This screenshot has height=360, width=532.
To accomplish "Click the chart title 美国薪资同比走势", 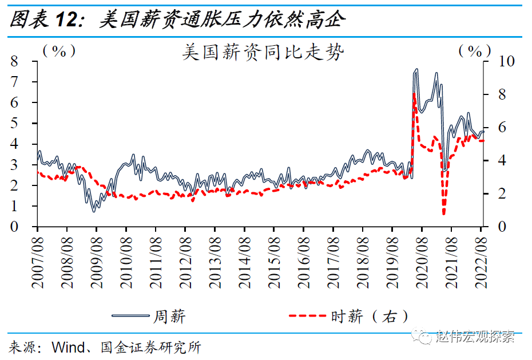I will pos(263,52).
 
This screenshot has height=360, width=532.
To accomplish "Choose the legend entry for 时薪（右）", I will pos(349,316).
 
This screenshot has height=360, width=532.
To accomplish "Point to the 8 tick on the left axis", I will pos(15,61).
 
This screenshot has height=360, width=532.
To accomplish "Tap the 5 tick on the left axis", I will pos(15,123).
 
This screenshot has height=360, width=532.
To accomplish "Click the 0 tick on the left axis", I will pos(15,227).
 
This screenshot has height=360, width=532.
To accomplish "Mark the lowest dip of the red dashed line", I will pos(444,214).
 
